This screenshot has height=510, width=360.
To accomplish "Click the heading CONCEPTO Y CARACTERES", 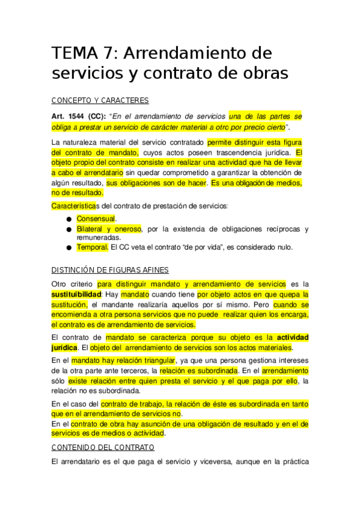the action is (100, 100).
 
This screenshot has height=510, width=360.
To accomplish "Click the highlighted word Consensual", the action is (96, 219).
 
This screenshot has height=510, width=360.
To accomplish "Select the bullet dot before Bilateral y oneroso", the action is (70, 230).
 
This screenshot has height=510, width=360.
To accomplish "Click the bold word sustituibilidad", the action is (76, 295).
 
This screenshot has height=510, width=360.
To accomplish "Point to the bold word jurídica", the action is (65, 348).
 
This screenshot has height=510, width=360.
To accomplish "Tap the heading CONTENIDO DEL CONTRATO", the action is (103, 447).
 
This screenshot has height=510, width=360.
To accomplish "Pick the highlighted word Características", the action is (74, 206).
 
